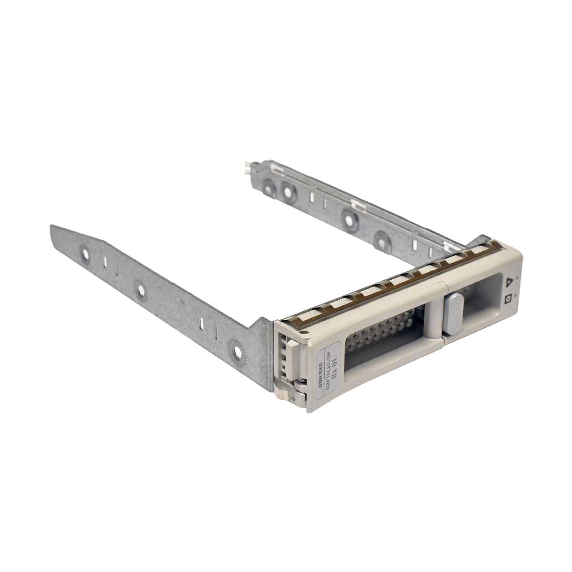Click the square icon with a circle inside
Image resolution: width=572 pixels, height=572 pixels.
pyautogui.click(x=508, y=299)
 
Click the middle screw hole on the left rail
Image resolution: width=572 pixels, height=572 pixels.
pyautogui.click(x=140, y=289)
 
